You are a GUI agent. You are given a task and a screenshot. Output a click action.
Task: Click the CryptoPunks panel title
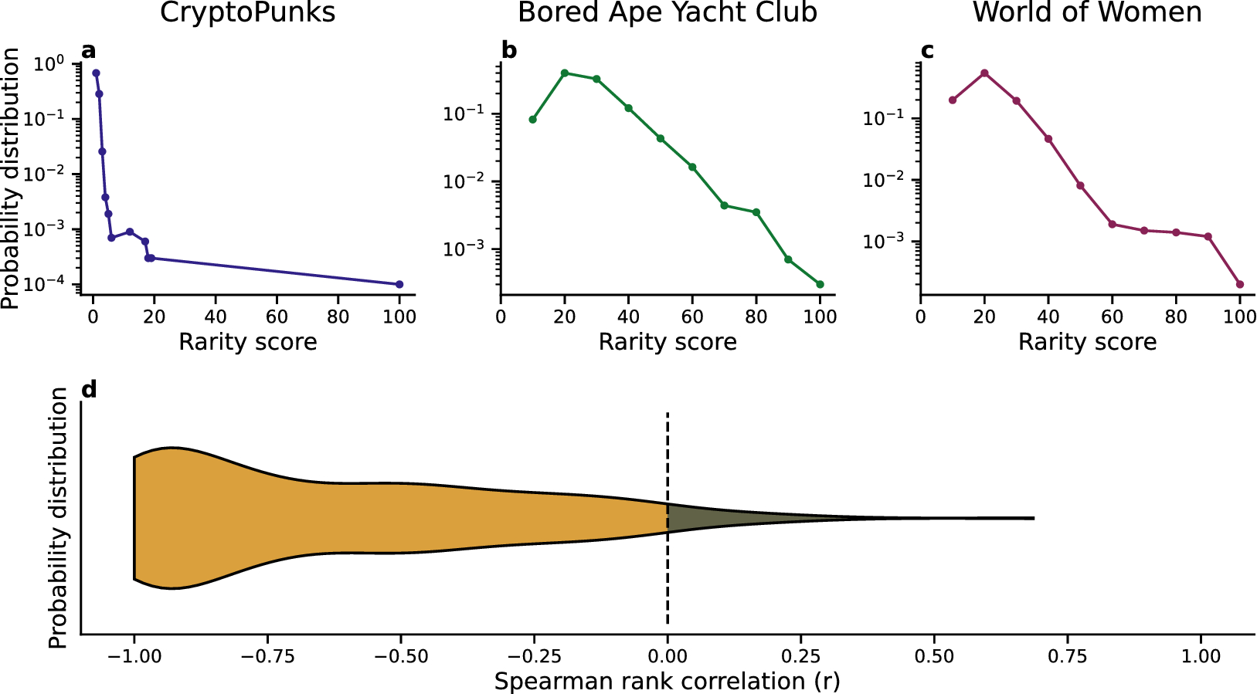tap(247, 13)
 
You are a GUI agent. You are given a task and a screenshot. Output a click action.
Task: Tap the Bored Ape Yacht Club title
tap(668, 13)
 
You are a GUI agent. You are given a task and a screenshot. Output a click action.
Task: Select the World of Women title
tap(1087, 13)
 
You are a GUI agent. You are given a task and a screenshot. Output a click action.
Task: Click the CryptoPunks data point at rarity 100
tap(399, 284)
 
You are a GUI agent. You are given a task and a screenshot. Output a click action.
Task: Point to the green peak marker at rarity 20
tap(565, 73)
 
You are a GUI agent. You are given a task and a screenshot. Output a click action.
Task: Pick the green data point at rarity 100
tap(820, 284)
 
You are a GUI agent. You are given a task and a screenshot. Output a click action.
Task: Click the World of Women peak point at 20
tap(984, 73)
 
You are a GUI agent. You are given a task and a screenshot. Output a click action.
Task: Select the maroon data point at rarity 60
tap(1112, 224)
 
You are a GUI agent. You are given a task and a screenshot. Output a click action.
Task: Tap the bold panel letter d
tap(89, 390)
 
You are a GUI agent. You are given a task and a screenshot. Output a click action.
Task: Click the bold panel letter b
tap(509, 51)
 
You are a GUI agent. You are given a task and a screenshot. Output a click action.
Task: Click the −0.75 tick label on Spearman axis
tap(267, 657)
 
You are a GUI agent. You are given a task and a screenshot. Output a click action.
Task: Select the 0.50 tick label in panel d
tap(934, 657)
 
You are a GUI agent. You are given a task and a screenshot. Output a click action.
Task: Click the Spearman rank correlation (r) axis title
tap(667, 682)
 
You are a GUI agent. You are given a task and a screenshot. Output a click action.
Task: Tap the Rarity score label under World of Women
tap(1087, 342)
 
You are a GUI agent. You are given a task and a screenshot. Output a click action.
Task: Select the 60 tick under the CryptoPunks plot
tap(277, 317)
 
